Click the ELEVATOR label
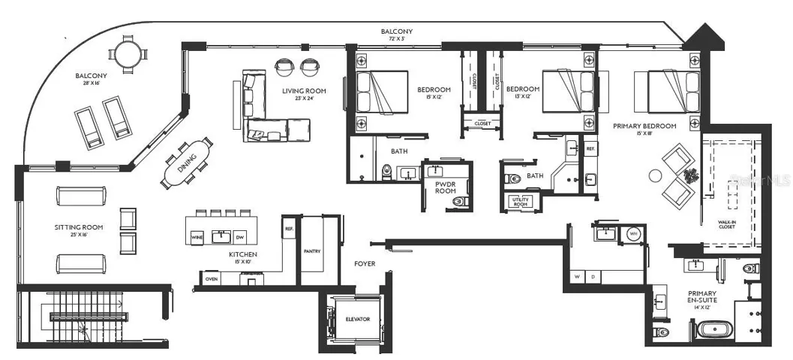click(x=358, y=319)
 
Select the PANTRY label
click(x=311, y=251)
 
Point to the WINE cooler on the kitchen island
click(x=198, y=237)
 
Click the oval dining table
click(x=187, y=162)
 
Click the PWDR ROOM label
click(x=446, y=187)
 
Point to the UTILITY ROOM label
click(x=519, y=202)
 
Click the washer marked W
click(x=578, y=277)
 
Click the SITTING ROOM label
click(x=78, y=226)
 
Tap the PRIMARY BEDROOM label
click(x=644, y=126)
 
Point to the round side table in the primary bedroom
click(x=655, y=176)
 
